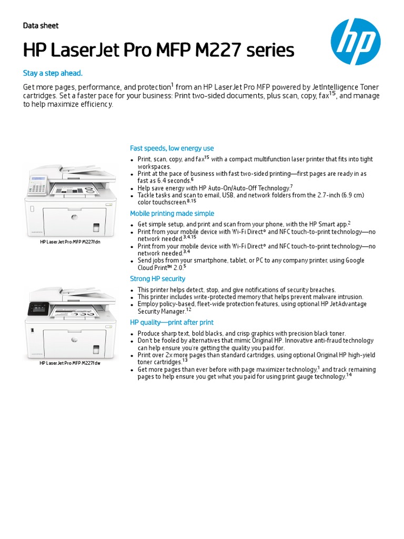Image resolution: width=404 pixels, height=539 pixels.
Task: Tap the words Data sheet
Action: (x=41, y=26)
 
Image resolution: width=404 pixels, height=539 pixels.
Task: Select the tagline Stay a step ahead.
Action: (x=53, y=73)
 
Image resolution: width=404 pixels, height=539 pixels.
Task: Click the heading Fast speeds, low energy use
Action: (x=172, y=148)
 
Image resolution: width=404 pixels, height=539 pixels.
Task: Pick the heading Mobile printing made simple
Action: (x=172, y=214)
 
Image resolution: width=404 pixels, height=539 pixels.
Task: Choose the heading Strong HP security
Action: (x=158, y=279)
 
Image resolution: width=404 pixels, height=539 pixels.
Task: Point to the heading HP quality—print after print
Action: (x=172, y=322)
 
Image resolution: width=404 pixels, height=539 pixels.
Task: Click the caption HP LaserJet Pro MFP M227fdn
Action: (x=70, y=242)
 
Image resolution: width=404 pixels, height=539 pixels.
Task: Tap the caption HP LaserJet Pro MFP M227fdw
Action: (x=70, y=363)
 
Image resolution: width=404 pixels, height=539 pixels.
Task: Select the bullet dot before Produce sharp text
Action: (x=133, y=334)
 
